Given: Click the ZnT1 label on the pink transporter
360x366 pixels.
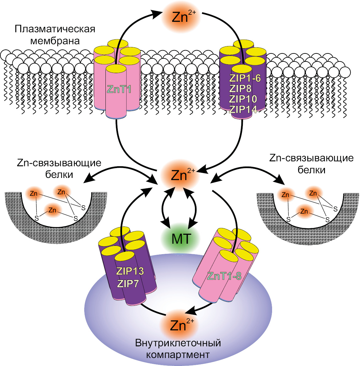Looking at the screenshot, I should pos(119,89).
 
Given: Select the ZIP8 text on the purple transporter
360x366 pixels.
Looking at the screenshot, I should pos(240,89).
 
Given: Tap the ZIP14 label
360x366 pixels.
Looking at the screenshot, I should pos(243,109).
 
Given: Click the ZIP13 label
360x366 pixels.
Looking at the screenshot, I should pos(130,271).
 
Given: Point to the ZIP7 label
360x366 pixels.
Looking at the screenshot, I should pos(128,283).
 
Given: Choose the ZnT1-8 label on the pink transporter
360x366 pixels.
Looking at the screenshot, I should pos(224,276).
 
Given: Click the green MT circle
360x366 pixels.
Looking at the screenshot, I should pos(181,239).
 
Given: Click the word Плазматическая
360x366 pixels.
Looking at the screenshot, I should pos(55,30).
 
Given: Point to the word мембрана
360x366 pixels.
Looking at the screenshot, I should pos(55,41).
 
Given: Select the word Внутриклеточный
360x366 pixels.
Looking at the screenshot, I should pos(178,343).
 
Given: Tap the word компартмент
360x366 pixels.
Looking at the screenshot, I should pos(178,354).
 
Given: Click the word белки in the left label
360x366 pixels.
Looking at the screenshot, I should pos(59,175).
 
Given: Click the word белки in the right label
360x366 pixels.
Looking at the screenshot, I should pos(311,170).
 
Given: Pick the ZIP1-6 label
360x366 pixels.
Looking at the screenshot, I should pos(245,78).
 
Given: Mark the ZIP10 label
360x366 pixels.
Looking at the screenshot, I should pos(243,99).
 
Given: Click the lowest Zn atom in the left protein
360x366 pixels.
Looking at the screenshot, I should pos(52,210).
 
